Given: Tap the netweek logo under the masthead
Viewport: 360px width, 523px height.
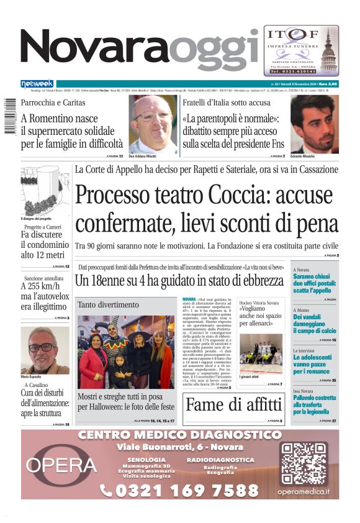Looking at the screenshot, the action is pos(37,84).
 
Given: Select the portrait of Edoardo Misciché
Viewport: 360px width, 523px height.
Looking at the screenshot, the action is pos(314,124).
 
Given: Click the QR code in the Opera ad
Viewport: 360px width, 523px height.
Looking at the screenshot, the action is pos(303,463).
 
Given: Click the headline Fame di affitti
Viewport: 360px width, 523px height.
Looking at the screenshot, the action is pos(234,404).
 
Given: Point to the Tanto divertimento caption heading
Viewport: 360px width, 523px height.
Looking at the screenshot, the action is pos(104,305).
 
